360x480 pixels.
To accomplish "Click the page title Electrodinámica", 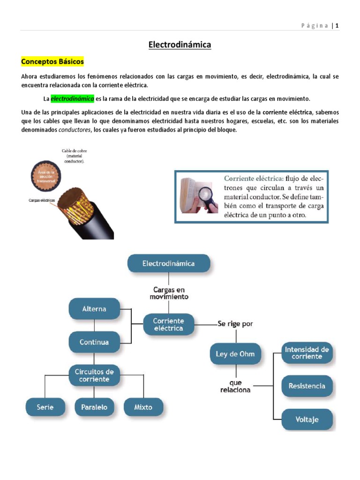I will [x=180, y=45].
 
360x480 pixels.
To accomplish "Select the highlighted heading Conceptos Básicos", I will [x=52, y=61].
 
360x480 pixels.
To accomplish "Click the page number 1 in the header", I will [x=337, y=26].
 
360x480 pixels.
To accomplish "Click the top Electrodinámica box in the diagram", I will [x=169, y=263].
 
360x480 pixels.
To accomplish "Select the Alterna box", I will [x=94, y=309].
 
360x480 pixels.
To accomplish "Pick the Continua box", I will [x=94, y=342].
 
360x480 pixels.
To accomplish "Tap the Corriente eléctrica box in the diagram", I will [x=169, y=324].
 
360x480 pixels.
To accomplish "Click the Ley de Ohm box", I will [x=235, y=353].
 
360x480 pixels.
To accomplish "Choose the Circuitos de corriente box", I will [x=94, y=375].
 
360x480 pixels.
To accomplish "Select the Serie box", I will [x=45, y=407].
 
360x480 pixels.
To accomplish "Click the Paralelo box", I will [x=94, y=407].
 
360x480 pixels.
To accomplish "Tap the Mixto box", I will [x=143, y=407].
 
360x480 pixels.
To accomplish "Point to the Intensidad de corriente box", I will [x=307, y=353].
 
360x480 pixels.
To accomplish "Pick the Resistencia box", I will [x=307, y=386].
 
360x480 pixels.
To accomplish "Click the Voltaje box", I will [x=307, y=420].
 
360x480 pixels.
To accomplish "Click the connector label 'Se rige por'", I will [x=235, y=323].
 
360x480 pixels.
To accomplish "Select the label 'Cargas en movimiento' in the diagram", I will [x=169, y=293].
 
